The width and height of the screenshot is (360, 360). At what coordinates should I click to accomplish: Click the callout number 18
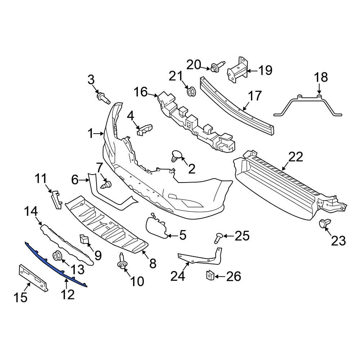321,77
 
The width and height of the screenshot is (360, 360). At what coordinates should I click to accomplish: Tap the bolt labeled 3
103,98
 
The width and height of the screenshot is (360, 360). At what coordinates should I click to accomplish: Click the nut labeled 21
191,91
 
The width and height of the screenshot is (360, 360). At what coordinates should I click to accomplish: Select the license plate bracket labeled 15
33,276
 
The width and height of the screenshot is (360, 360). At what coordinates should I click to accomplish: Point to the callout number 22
296,157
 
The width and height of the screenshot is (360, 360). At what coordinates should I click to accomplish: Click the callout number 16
141,92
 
